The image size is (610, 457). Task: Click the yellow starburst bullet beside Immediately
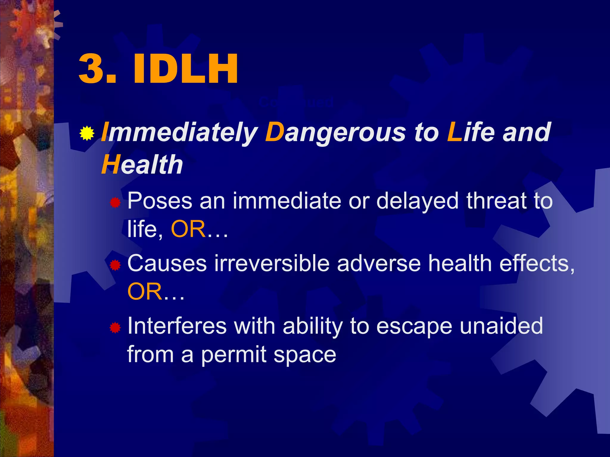pos(87,133)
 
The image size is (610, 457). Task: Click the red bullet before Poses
pos(115,203)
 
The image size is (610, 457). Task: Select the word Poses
pos(160,201)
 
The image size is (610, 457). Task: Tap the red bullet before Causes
pos(115,265)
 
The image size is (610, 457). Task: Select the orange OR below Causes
pos(145,292)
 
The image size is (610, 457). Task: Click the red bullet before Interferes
pos(115,328)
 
